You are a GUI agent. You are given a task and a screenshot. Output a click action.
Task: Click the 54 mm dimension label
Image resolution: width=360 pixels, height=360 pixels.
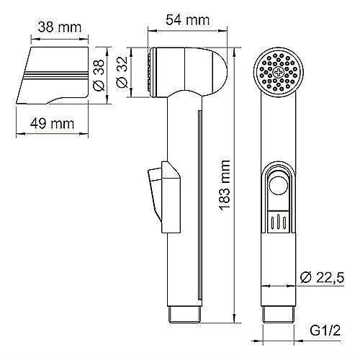coord(188,20)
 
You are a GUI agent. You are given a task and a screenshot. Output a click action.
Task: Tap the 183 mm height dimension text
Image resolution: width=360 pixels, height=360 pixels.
coord(225,186)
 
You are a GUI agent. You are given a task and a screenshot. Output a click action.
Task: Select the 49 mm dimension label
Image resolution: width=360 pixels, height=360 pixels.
coord(52,124)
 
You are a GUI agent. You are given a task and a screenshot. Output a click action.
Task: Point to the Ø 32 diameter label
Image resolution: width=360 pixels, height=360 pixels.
coord(122,72)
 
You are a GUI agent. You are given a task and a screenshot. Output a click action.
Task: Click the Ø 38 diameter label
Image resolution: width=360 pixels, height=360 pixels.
coord(99,75)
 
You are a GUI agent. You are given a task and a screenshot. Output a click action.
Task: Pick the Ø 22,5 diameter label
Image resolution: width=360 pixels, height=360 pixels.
coord(322,278)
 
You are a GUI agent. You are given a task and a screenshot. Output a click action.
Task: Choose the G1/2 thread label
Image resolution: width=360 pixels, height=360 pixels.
coord(325,330)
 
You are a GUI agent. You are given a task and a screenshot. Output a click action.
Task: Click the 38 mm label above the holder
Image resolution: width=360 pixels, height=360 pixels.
coord(60,27)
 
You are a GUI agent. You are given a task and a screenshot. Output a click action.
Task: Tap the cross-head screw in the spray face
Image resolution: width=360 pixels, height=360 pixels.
coord(279,72)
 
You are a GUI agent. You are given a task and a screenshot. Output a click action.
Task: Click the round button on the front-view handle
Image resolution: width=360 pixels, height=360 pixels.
coord(279,186)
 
